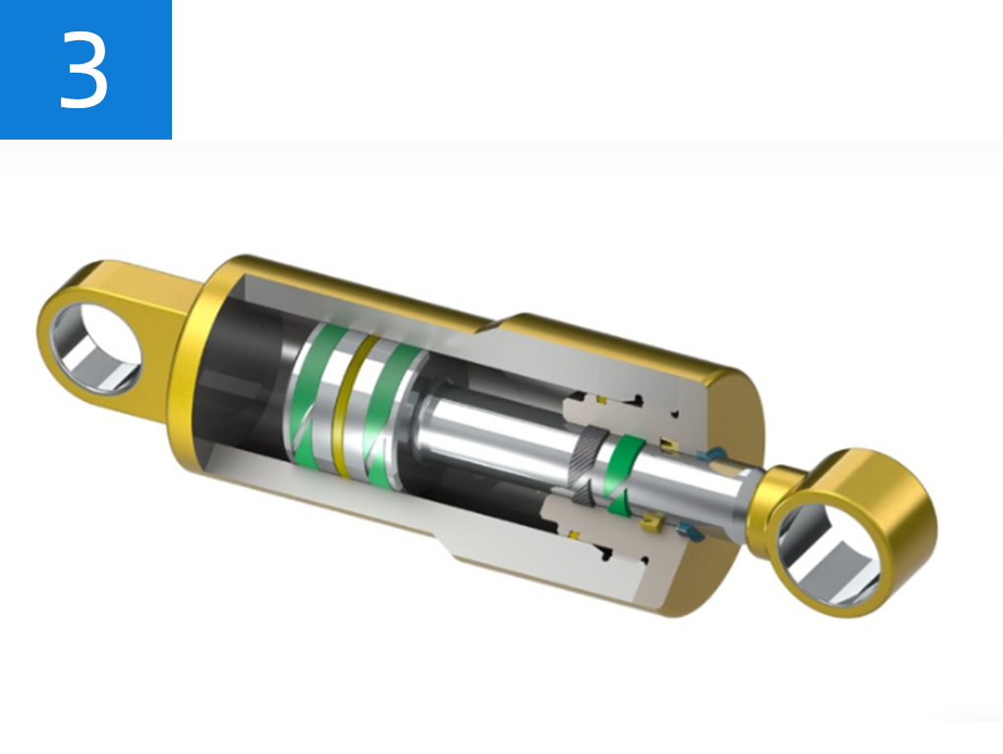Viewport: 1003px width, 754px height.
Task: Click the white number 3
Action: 84,68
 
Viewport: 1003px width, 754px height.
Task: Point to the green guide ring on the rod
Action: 619,472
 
